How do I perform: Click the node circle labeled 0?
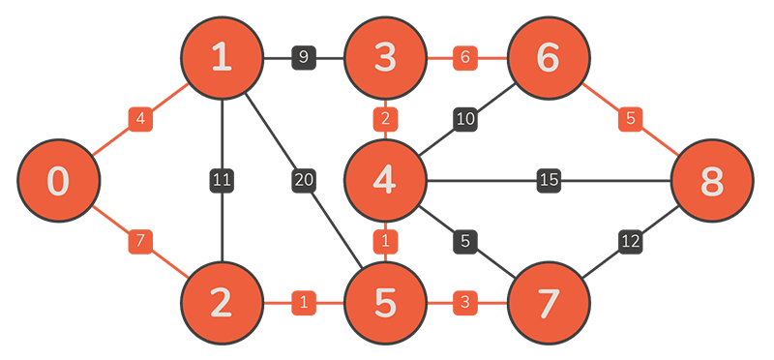point(58,180)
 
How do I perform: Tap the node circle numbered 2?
point(222,302)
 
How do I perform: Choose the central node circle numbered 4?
point(385,180)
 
